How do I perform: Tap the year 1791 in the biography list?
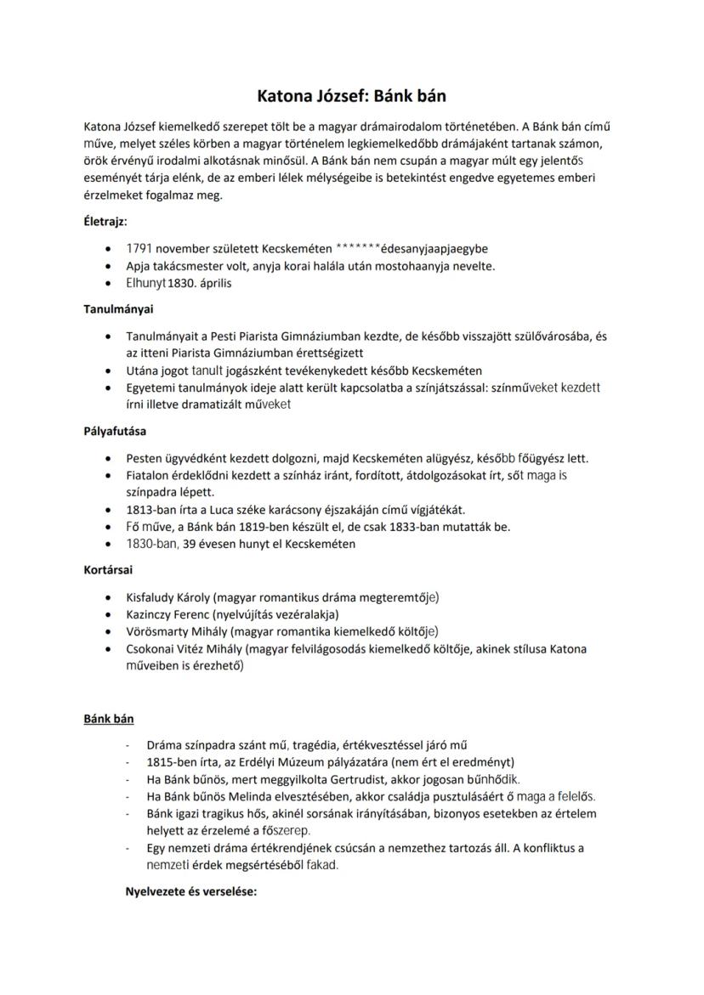(x=139, y=249)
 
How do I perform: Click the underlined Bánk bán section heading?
(x=109, y=719)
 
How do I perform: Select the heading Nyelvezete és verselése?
(x=191, y=892)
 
